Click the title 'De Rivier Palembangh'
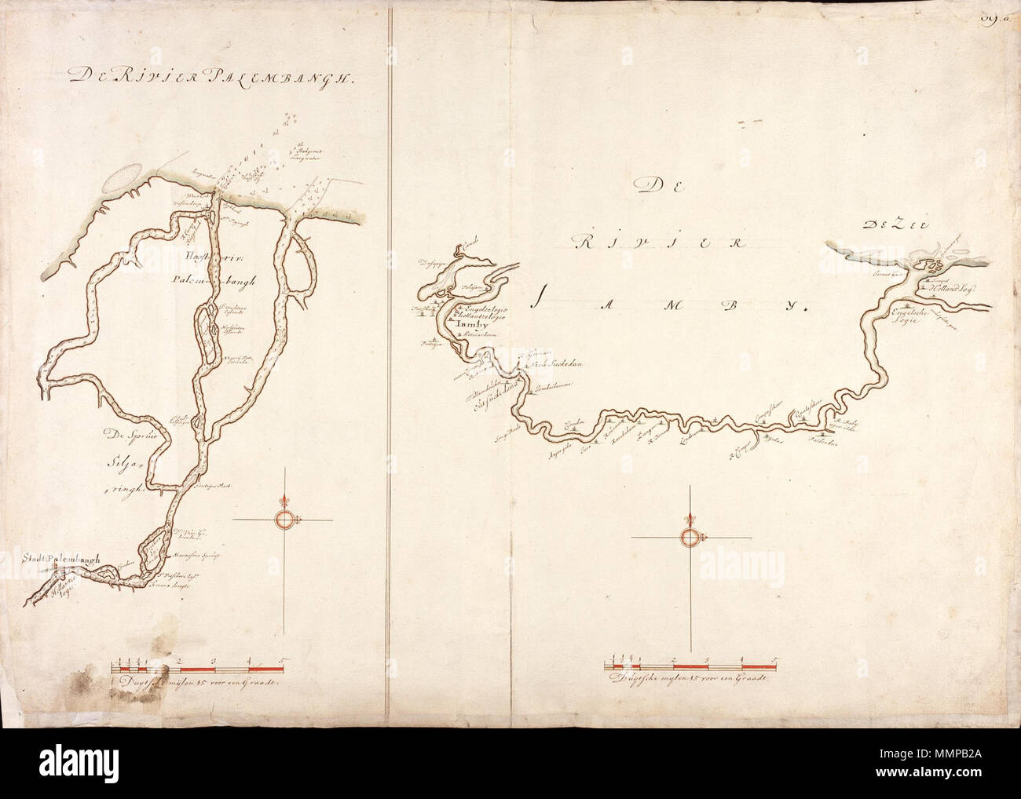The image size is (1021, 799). (212, 76)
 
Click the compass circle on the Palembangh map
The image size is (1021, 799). (284, 519)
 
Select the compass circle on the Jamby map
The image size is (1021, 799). (690, 537)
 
